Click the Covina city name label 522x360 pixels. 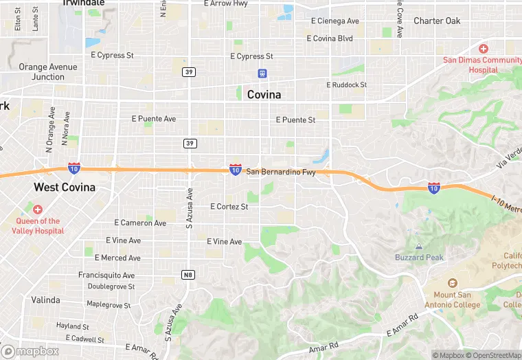point(264,95)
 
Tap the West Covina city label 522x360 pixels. point(65,188)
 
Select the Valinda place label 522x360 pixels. point(45,300)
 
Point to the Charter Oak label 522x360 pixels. point(437,21)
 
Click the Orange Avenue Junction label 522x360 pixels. point(48,71)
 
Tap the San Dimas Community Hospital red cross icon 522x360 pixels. point(484,49)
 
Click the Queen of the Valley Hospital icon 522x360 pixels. point(37,209)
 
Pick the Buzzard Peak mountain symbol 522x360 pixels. point(419,246)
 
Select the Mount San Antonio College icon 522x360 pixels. point(452,283)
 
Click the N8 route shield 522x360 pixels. point(188,275)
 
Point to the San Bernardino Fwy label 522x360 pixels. point(281,172)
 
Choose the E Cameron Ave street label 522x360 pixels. point(139,223)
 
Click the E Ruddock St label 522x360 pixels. point(346,85)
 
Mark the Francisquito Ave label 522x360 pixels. point(106,275)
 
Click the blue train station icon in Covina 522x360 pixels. point(262,73)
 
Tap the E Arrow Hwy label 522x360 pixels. point(229,3)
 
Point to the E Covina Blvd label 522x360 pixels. point(330,38)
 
